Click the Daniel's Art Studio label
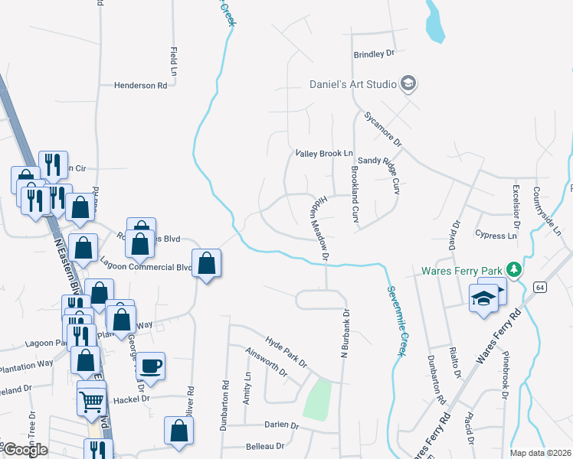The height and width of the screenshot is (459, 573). (352, 84)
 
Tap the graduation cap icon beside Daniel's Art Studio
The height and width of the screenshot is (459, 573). (408, 83)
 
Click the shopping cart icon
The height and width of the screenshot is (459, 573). (91, 399)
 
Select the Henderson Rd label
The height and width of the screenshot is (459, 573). (140, 86)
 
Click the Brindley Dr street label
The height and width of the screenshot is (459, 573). (373, 54)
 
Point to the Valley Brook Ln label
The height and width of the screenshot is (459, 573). (324, 154)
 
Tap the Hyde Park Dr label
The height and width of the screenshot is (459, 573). (286, 350)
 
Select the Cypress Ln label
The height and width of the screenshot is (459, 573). (495, 236)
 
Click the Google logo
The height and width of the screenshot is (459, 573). (25, 450)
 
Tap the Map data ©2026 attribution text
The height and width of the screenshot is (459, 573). (541, 453)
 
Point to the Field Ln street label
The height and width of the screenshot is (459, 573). (173, 62)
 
